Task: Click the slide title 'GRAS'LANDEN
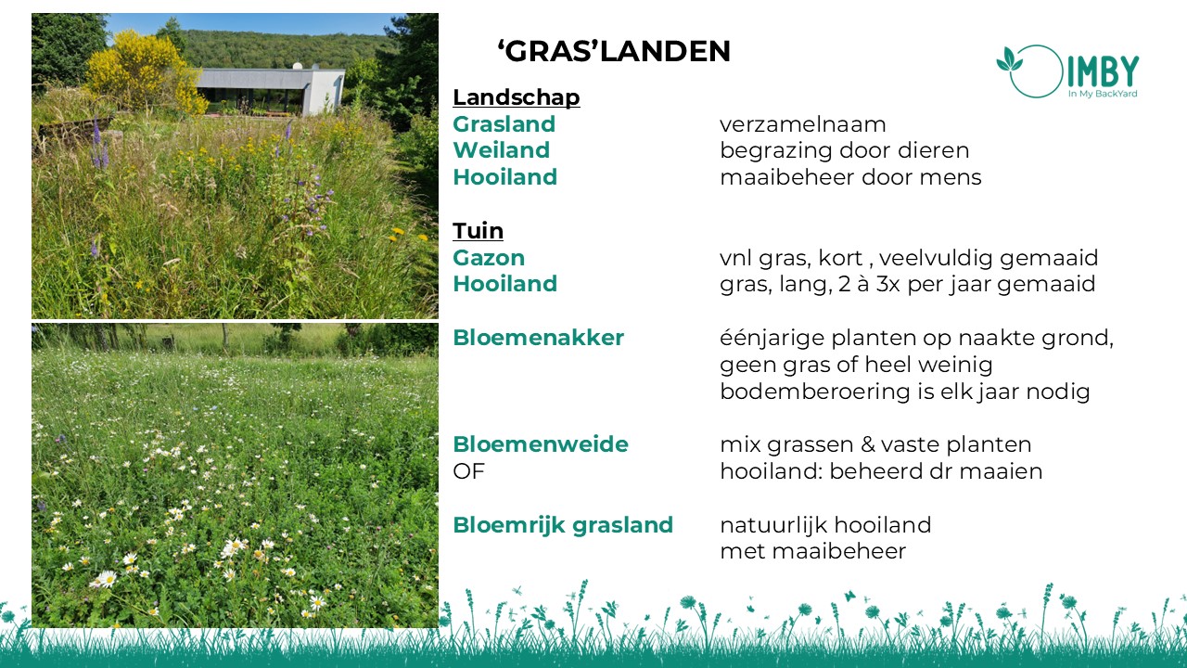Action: [614, 51]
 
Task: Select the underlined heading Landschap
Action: [517, 97]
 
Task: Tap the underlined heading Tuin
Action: [478, 231]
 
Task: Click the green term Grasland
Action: [504, 124]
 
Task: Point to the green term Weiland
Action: [502, 150]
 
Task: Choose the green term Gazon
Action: [489, 258]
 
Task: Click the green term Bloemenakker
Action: [539, 338]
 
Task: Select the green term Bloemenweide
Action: [541, 444]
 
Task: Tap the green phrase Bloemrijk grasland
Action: [563, 525]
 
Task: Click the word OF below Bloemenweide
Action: [469, 471]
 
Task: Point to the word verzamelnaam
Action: [803, 124]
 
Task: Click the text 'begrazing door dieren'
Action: [845, 150]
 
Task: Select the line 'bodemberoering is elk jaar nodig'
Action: [904, 392]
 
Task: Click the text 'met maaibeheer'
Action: [813, 551]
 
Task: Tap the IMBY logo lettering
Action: [1103, 71]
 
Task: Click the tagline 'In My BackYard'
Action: [1103, 94]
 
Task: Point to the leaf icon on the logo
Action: [1009, 59]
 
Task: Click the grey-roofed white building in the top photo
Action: [270, 90]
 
